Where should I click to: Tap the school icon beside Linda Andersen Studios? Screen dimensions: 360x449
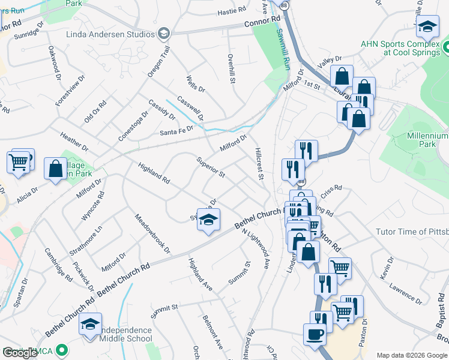pyautogui.click(x=163, y=34)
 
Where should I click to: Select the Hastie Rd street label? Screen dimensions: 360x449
pyautogui.click(x=232, y=11)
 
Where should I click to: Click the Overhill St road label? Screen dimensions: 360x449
pyautogui.click(x=231, y=68)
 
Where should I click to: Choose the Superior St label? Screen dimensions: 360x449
pyautogui.click(x=211, y=167)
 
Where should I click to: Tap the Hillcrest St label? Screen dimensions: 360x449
pyautogui.click(x=259, y=164)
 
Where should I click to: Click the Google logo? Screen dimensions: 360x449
pyautogui.click(x=20, y=353)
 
